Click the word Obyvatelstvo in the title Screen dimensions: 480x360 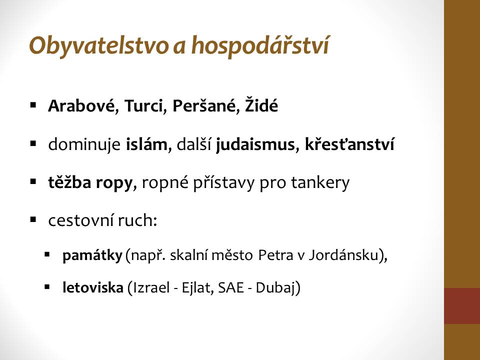tap(99, 46)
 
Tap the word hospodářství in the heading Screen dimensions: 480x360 tap(260, 45)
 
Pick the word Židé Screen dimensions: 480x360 tap(261, 105)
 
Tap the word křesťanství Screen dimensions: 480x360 tap(349, 144)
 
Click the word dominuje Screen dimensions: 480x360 tap(84, 144)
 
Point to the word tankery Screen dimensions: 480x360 tap(320, 183)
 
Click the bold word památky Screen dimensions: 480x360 tap(92, 255)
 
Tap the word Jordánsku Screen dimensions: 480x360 tap(343, 255)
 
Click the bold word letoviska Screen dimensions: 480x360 tap(93, 287)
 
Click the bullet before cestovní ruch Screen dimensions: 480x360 tap(33, 220)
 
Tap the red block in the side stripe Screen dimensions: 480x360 tap(462, 306)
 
